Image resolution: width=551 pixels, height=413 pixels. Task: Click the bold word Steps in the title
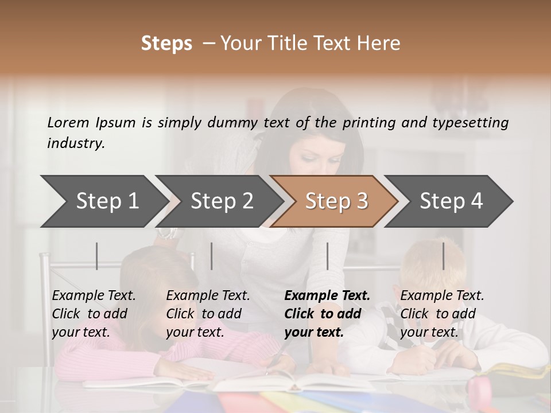point(166,44)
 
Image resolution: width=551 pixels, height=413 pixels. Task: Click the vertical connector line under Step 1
point(97,256)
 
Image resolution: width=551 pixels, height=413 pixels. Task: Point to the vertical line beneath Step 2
point(212,256)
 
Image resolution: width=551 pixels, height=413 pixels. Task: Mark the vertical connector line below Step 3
point(327,256)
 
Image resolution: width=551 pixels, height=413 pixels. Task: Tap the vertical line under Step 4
point(443,256)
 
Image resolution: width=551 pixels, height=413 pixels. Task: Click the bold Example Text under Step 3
point(327,296)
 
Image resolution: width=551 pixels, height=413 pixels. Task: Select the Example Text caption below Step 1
point(94,296)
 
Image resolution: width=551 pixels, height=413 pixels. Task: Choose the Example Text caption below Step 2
point(208,296)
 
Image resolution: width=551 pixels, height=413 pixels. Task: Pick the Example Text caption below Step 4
point(443,296)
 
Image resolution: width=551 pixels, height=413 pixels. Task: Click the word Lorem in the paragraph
point(68,122)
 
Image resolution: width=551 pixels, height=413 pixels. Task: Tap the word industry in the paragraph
point(76,143)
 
